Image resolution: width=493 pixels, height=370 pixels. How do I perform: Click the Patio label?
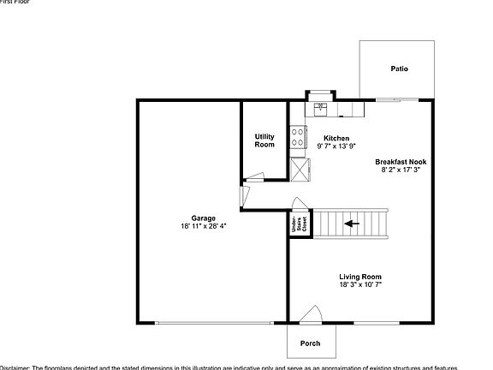click(x=399, y=69)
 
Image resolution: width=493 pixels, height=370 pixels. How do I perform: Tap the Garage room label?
click(x=204, y=218)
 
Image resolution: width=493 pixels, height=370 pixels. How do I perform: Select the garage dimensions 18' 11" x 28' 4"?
click(x=204, y=226)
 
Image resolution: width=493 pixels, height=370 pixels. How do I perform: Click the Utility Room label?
click(x=264, y=140)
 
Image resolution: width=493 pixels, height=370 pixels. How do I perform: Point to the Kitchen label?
click(x=335, y=138)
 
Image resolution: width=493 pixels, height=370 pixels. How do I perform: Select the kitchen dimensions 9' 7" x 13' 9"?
click(x=335, y=146)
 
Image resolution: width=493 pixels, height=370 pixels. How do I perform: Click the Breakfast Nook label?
click(x=400, y=161)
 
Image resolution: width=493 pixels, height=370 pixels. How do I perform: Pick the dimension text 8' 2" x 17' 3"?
click(x=400, y=170)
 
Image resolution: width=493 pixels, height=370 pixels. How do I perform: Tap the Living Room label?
click(x=359, y=276)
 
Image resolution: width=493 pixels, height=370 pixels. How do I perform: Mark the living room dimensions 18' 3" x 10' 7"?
click(x=359, y=284)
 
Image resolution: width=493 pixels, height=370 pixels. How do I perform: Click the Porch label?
click(x=310, y=343)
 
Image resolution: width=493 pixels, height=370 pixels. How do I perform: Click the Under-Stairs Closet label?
click(x=300, y=224)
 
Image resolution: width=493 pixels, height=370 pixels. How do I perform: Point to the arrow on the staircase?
click(x=351, y=224)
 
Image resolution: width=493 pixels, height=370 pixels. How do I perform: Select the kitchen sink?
click(x=320, y=108)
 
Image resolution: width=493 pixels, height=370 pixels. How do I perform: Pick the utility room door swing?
click(x=255, y=178)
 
